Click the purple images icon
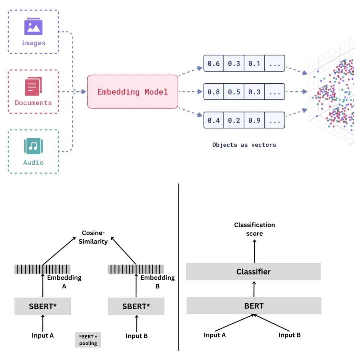pyautogui.click(x=33, y=27)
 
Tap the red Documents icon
pyautogui.click(x=33, y=86)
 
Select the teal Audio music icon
pyautogui.click(x=33, y=146)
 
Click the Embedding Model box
pyautogui.click(x=133, y=92)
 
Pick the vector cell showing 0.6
pyautogui.click(x=214, y=63)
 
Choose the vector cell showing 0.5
pyautogui.click(x=234, y=92)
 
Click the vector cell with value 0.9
pyautogui.click(x=254, y=120)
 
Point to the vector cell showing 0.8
pyautogui.click(x=214, y=92)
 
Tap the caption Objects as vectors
pyautogui.click(x=244, y=145)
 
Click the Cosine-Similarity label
pyautogui.click(x=94, y=237)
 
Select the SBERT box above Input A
pyautogui.click(x=43, y=306)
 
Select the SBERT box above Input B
pyautogui.click(x=136, y=306)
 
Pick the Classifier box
pyautogui.click(x=253, y=272)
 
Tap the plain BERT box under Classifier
pyautogui.click(x=254, y=306)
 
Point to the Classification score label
pyautogui.click(x=254, y=229)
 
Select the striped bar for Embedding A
pyautogui.click(x=42, y=269)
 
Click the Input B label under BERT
pyautogui.click(x=289, y=335)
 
